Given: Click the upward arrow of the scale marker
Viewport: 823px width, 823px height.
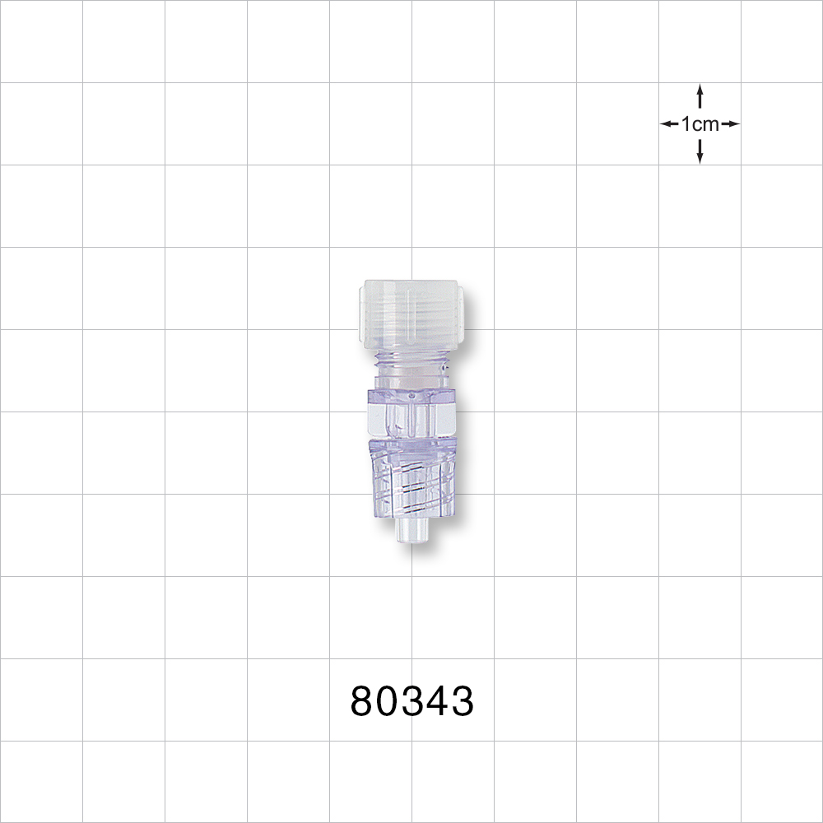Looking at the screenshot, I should point(700,95).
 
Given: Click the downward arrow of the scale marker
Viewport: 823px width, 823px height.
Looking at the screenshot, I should point(700,151).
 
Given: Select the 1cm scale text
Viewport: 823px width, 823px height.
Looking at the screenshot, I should point(700,124).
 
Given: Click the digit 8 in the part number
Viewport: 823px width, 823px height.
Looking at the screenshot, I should point(363,702).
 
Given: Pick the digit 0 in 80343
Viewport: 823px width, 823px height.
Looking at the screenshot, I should point(388,702).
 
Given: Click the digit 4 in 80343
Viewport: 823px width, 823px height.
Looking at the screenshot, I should point(436,702).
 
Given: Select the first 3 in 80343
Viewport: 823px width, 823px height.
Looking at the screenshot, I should point(412,702).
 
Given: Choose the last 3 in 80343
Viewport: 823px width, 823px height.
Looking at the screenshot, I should point(461,702).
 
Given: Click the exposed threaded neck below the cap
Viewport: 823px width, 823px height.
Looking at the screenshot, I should point(411,359).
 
